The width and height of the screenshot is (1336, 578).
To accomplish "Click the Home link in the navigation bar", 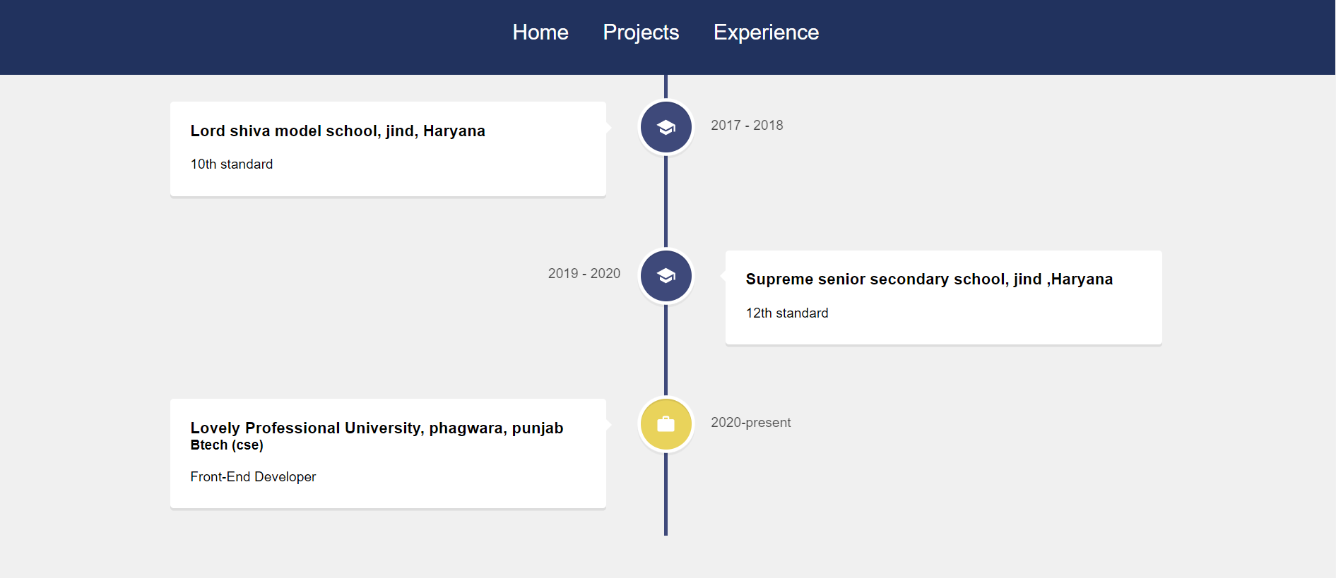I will (x=540, y=32).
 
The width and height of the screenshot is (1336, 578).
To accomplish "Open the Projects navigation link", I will (x=640, y=32).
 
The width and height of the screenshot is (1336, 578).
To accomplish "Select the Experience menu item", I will (x=766, y=32).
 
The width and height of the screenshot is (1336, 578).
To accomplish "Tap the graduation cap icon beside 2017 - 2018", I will (x=666, y=127).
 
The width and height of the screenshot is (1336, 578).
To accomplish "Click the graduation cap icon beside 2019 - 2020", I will (x=666, y=275).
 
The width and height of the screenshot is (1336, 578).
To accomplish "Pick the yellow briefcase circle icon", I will (x=666, y=424).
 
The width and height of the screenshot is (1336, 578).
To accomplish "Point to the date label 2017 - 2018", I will (x=747, y=125).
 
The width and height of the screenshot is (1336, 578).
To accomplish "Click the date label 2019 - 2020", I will (x=584, y=273).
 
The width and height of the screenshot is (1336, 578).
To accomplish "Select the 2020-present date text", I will (x=750, y=422).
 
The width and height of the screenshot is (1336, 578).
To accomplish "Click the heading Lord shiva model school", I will (x=337, y=131).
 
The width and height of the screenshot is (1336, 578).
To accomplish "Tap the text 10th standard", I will (x=231, y=164).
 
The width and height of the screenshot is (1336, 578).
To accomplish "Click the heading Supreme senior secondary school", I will (x=928, y=279).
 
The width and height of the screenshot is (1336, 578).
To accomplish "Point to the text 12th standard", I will (x=786, y=313).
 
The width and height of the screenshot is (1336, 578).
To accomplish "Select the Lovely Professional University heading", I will (x=376, y=428).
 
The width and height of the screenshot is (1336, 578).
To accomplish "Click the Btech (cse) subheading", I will (x=226, y=445).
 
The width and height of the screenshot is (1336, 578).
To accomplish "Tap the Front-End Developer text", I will (x=252, y=476).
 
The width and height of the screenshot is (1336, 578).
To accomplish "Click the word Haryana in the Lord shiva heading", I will (x=454, y=131).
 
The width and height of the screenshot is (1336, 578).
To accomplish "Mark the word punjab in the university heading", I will (x=537, y=428).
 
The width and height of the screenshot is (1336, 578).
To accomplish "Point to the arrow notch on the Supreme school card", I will (x=723, y=276).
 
